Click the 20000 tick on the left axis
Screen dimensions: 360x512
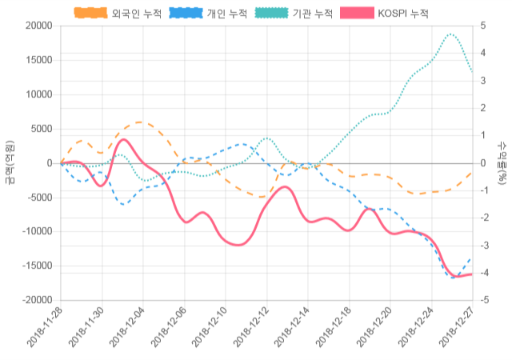(x=38, y=26)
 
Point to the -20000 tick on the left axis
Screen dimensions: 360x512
(x=36, y=300)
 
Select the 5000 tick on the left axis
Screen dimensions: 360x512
(x=41, y=129)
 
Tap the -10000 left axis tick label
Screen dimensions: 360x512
(x=36, y=231)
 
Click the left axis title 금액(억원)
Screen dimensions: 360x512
(x=10, y=162)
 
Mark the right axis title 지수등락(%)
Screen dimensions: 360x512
(x=502, y=162)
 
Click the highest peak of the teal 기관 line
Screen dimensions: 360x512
(x=451, y=34)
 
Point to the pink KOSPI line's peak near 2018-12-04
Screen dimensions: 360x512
(x=123, y=140)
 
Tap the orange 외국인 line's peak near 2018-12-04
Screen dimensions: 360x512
(x=141, y=122)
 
